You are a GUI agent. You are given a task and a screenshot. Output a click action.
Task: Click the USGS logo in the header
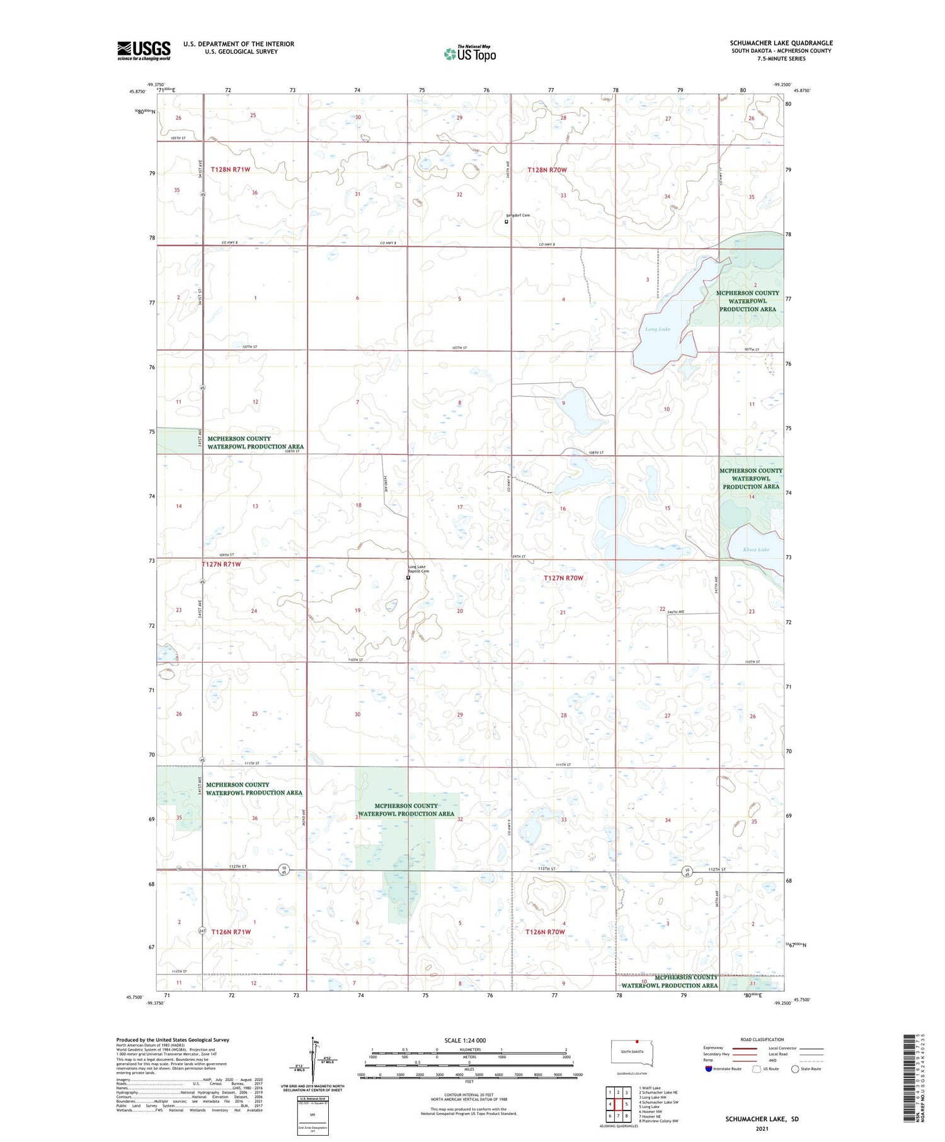point(144,50)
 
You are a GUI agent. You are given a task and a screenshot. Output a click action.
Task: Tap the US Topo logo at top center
point(470,54)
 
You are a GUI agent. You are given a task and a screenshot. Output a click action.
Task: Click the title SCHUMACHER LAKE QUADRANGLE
point(781,43)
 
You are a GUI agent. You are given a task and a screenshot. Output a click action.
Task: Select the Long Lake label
point(657,329)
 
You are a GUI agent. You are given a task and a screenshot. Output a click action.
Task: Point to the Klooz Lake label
point(756,549)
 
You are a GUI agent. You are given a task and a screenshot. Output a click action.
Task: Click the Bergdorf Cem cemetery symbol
point(507,222)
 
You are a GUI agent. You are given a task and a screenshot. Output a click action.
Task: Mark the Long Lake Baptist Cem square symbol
point(408,578)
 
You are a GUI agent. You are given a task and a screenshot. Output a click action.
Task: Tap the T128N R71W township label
point(231,169)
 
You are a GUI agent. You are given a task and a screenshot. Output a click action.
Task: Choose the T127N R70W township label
point(564,578)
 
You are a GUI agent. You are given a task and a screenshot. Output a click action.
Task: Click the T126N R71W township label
point(231,931)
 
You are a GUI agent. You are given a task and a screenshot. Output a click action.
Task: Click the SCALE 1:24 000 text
point(465,1040)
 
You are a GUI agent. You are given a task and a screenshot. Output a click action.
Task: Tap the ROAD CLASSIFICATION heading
point(762,1039)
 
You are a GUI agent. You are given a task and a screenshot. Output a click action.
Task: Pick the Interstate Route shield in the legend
point(709,1068)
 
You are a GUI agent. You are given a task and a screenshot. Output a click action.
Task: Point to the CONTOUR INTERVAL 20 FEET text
point(469,1095)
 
